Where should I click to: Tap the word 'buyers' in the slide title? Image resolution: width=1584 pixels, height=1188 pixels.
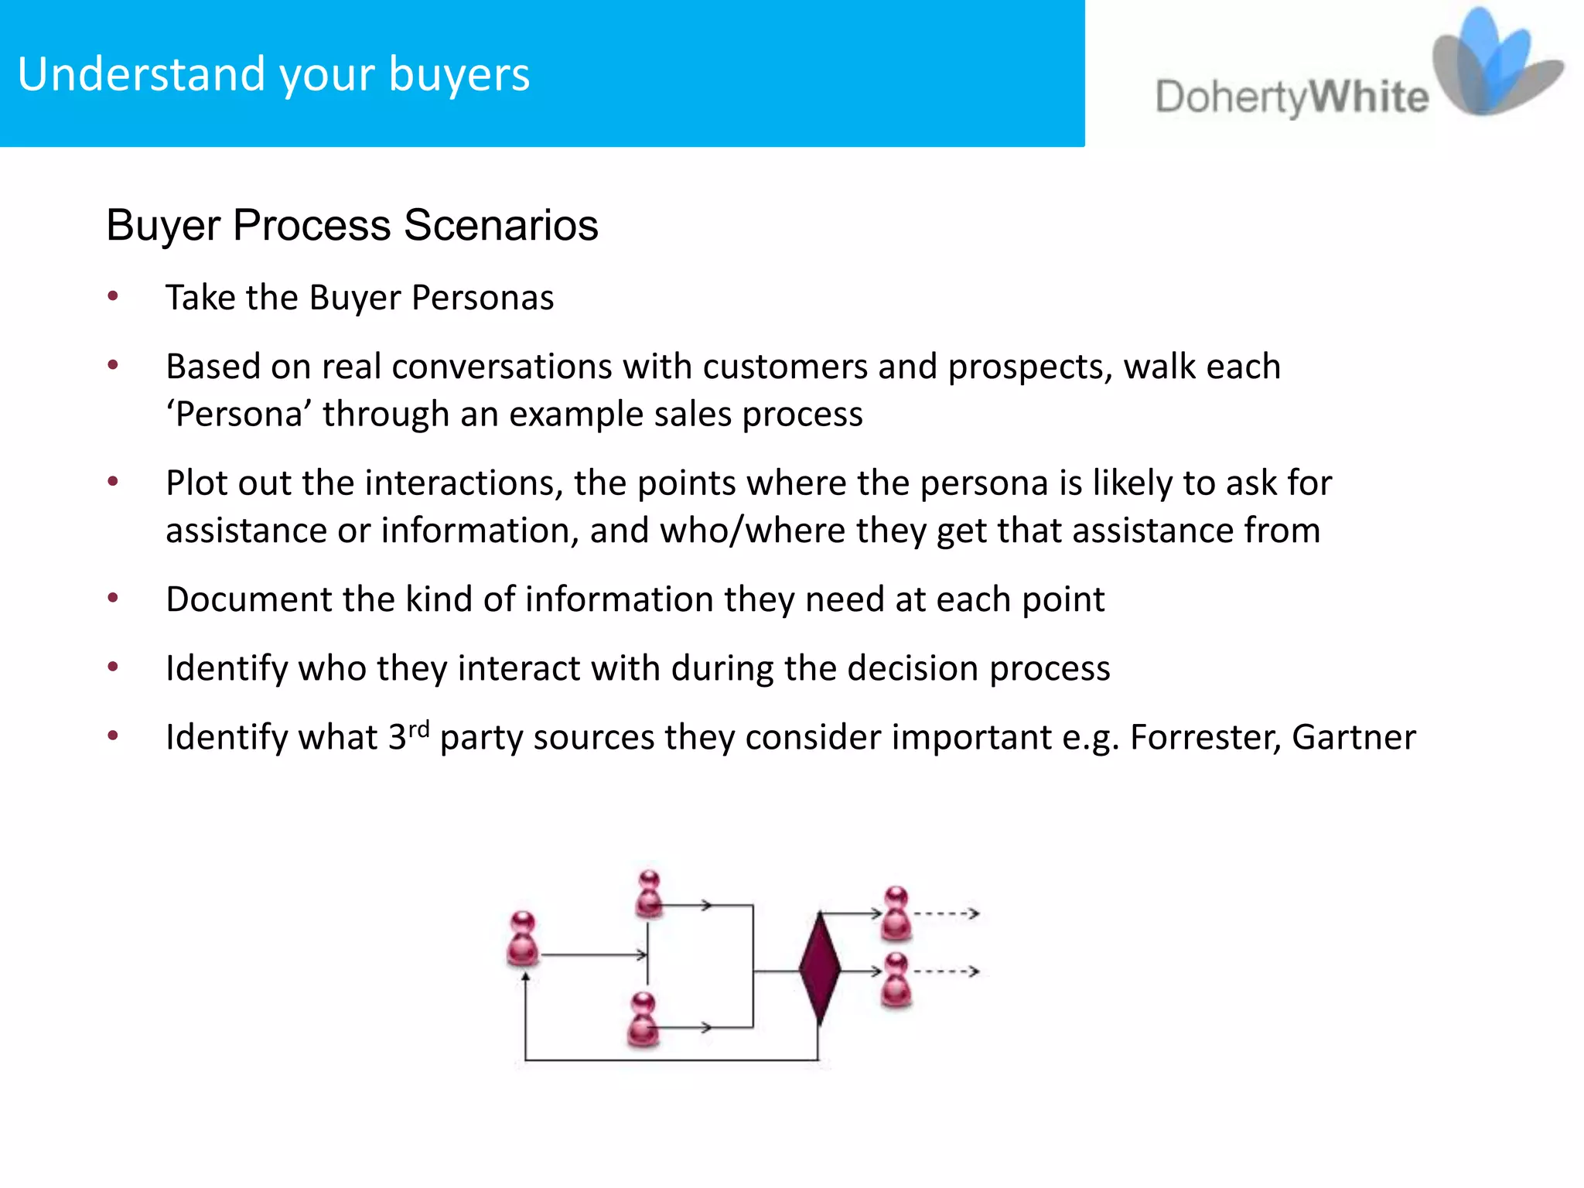(459, 76)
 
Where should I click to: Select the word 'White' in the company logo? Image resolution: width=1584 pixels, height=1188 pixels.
(1369, 98)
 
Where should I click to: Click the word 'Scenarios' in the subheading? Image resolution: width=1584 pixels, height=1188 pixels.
(500, 225)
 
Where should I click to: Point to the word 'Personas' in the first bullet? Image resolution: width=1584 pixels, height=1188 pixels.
(483, 298)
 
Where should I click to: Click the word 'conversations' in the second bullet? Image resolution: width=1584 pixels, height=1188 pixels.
(467, 367)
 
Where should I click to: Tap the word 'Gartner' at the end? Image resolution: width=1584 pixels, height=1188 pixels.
(1354, 737)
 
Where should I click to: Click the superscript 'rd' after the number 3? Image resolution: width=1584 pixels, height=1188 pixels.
(419, 729)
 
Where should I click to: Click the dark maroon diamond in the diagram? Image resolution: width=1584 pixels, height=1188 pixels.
(819, 968)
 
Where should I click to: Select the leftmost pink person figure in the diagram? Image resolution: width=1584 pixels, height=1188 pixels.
(523, 939)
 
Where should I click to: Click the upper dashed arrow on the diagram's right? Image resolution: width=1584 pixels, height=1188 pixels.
(947, 914)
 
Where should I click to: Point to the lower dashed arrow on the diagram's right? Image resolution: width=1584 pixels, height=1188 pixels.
(947, 971)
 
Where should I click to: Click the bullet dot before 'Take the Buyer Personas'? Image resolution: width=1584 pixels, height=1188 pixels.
(113, 296)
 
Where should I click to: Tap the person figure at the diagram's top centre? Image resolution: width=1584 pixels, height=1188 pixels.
(650, 894)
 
